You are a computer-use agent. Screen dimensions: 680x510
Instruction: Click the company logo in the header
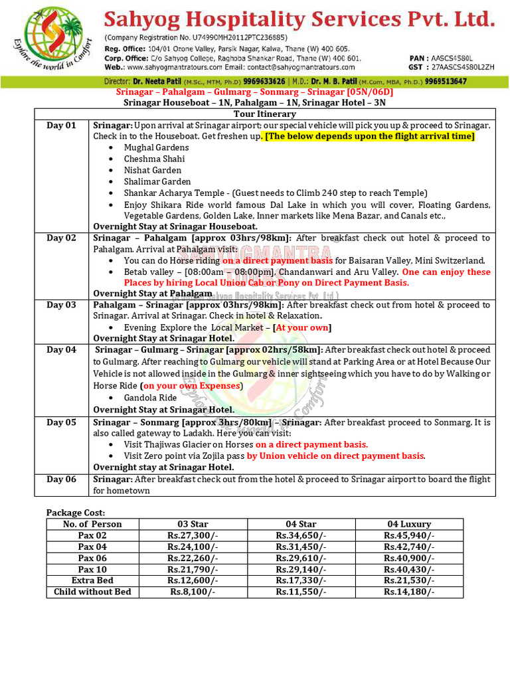tap(54, 39)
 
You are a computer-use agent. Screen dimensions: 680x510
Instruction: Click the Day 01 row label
tap(61, 126)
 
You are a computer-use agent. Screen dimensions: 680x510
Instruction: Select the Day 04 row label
tap(61, 350)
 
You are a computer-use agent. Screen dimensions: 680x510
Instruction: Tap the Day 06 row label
tap(61, 479)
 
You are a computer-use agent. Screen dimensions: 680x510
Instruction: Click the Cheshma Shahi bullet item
tap(154, 159)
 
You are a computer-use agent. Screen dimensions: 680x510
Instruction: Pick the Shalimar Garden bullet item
tap(157, 181)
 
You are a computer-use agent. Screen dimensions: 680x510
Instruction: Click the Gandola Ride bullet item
tap(150, 398)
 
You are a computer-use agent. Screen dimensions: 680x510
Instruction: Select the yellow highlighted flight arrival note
tap(370, 136)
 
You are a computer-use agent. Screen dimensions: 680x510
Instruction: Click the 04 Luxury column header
tap(408, 524)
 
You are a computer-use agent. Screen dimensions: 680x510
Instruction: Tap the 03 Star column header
tap(192, 524)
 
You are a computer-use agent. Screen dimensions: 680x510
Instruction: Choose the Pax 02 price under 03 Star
tap(192, 535)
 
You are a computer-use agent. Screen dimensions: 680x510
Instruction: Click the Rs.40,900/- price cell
tap(408, 558)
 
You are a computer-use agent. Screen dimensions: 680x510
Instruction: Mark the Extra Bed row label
tap(92, 580)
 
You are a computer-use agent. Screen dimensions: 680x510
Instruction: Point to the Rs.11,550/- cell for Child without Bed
tap(300, 592)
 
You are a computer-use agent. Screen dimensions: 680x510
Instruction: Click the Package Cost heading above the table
tap(76, 513)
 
